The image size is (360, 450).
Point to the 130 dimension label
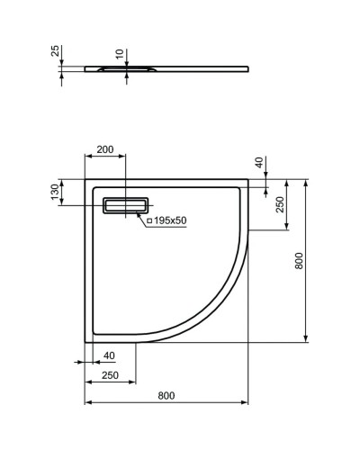[x=56, y=193]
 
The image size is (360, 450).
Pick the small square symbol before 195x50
[x=148, y=220]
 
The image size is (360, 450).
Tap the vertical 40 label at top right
[x=259, y=163]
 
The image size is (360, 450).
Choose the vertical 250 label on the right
[x=280, y=205]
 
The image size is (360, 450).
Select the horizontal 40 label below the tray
[x=109, y=356]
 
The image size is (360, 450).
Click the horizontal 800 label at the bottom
[x=166, y=395]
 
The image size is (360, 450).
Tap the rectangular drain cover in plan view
[x=127, y=205]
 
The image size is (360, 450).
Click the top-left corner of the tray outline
[x=86, y=180]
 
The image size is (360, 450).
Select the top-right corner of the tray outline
[x=247, y=180]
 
